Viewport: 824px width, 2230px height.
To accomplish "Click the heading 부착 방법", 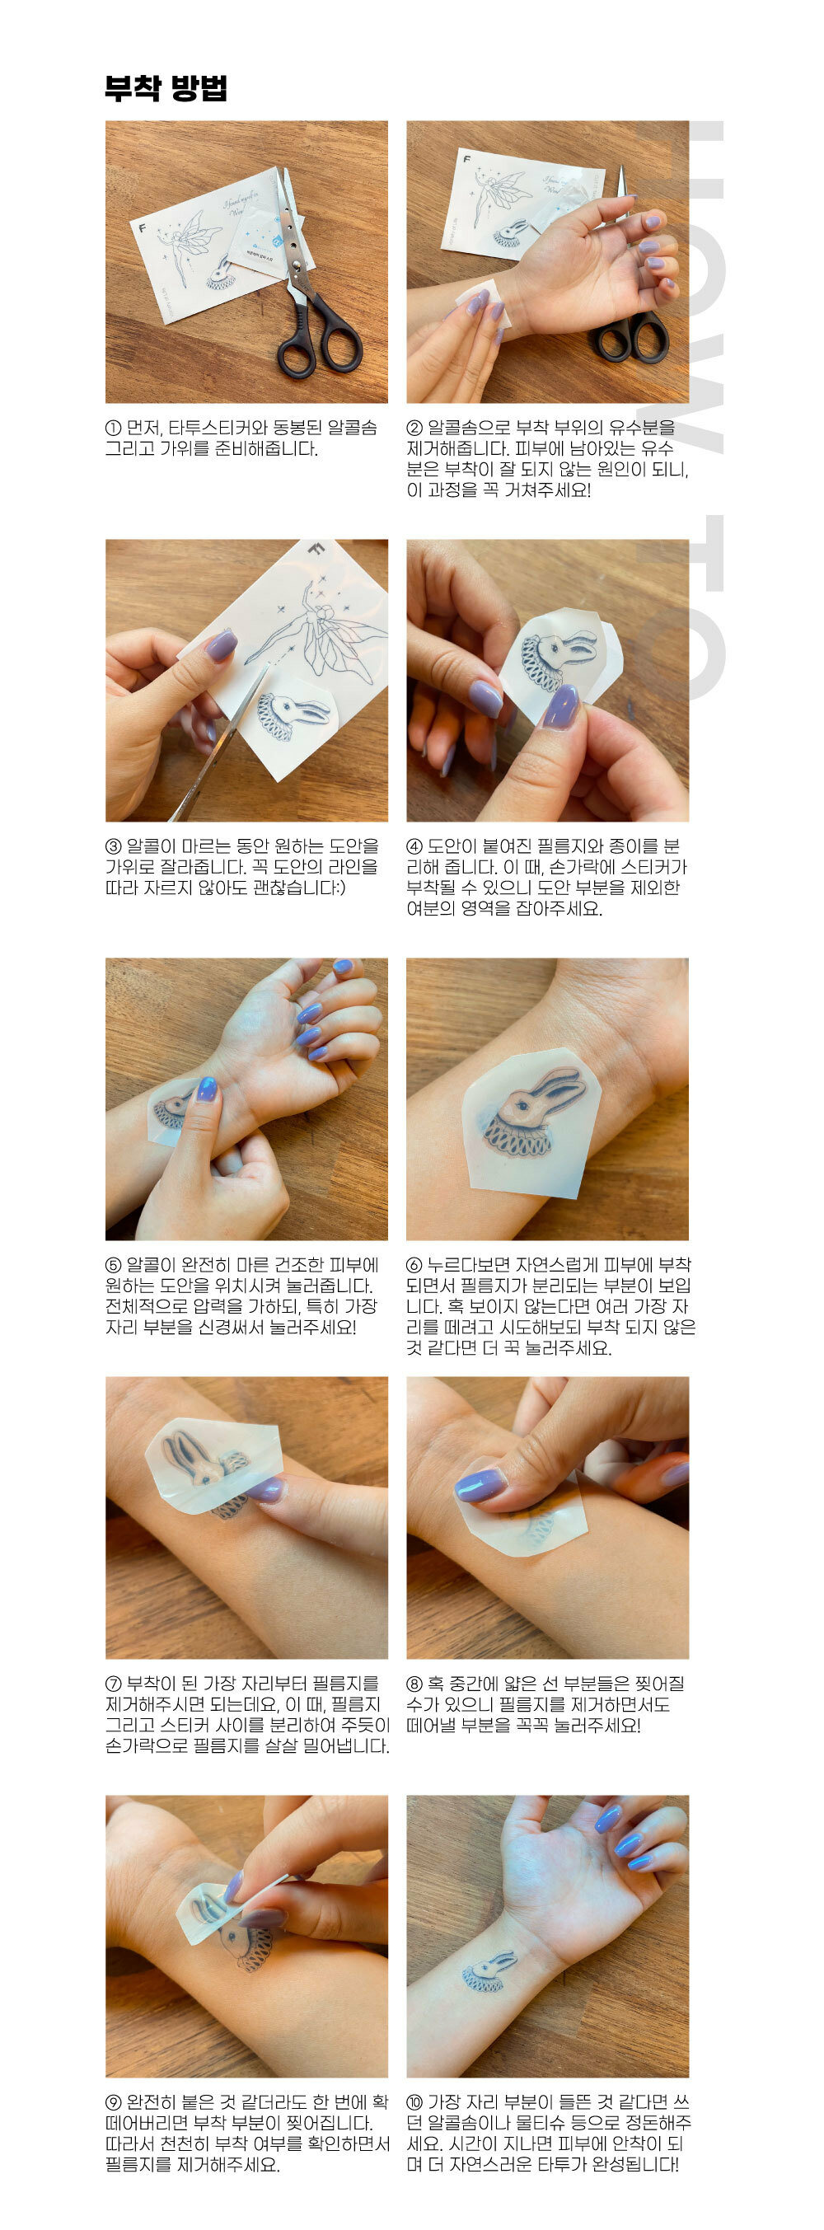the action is tap(166, 88).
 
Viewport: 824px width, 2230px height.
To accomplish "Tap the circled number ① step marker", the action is tap(114, 428).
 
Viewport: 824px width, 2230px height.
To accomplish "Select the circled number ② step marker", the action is tap(414, 428).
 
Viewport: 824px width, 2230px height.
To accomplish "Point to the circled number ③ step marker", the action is tap(114, 846).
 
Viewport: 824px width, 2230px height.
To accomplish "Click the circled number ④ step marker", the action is tap(414, 846).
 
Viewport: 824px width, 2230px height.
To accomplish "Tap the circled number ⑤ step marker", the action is tap(114, 1265).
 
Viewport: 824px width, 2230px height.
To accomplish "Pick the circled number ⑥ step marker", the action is tap(414, 1265).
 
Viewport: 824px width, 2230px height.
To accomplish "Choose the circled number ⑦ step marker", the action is tap(114, 1684).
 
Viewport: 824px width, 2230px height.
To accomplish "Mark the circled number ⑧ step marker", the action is tap(414, 1684).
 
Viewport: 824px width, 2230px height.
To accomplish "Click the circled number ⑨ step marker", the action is tap(114, 2102).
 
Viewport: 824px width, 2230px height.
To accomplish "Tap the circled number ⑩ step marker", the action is tap(414, 2102).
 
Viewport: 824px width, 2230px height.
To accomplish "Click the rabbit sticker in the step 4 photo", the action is tap(554, 663).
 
